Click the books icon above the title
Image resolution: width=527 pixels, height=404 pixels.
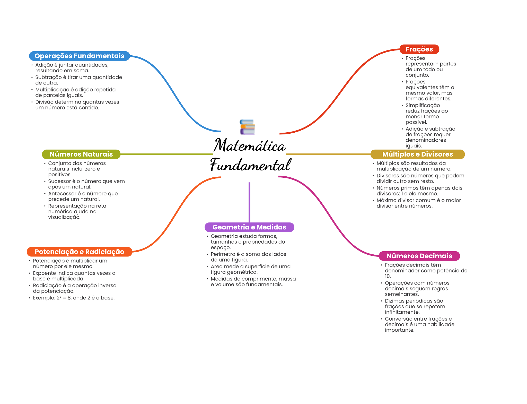[247, 127]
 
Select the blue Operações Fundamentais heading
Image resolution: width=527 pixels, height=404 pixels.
[79, 56]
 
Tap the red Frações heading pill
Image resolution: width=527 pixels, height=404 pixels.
[419, 49]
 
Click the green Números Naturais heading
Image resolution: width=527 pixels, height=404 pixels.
[81, 154]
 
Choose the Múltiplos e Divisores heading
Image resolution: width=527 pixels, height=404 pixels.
[417, 154]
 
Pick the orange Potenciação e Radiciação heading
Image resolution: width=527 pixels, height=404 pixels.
[79, 252]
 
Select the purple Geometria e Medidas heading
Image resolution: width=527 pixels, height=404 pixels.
[249, 227]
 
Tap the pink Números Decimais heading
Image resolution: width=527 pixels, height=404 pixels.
[419, 256]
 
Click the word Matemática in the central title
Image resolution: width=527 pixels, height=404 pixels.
[250, 145]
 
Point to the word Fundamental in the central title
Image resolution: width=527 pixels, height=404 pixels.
[251, 165]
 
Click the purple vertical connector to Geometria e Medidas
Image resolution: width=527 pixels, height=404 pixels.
[249, 202]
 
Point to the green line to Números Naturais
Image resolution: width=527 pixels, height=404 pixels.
[167, 154]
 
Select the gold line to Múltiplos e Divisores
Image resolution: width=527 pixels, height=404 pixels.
[328, 154]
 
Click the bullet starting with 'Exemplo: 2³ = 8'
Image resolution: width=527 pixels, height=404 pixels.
[74, 298]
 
